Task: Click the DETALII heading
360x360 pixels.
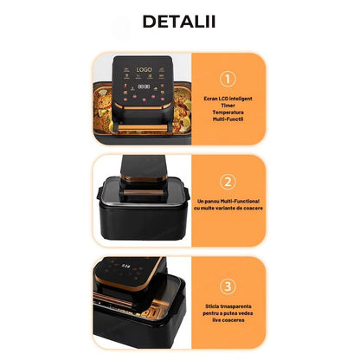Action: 180,21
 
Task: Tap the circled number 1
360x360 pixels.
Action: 228,79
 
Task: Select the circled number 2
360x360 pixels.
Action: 228,182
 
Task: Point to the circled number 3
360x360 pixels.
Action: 228,286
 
